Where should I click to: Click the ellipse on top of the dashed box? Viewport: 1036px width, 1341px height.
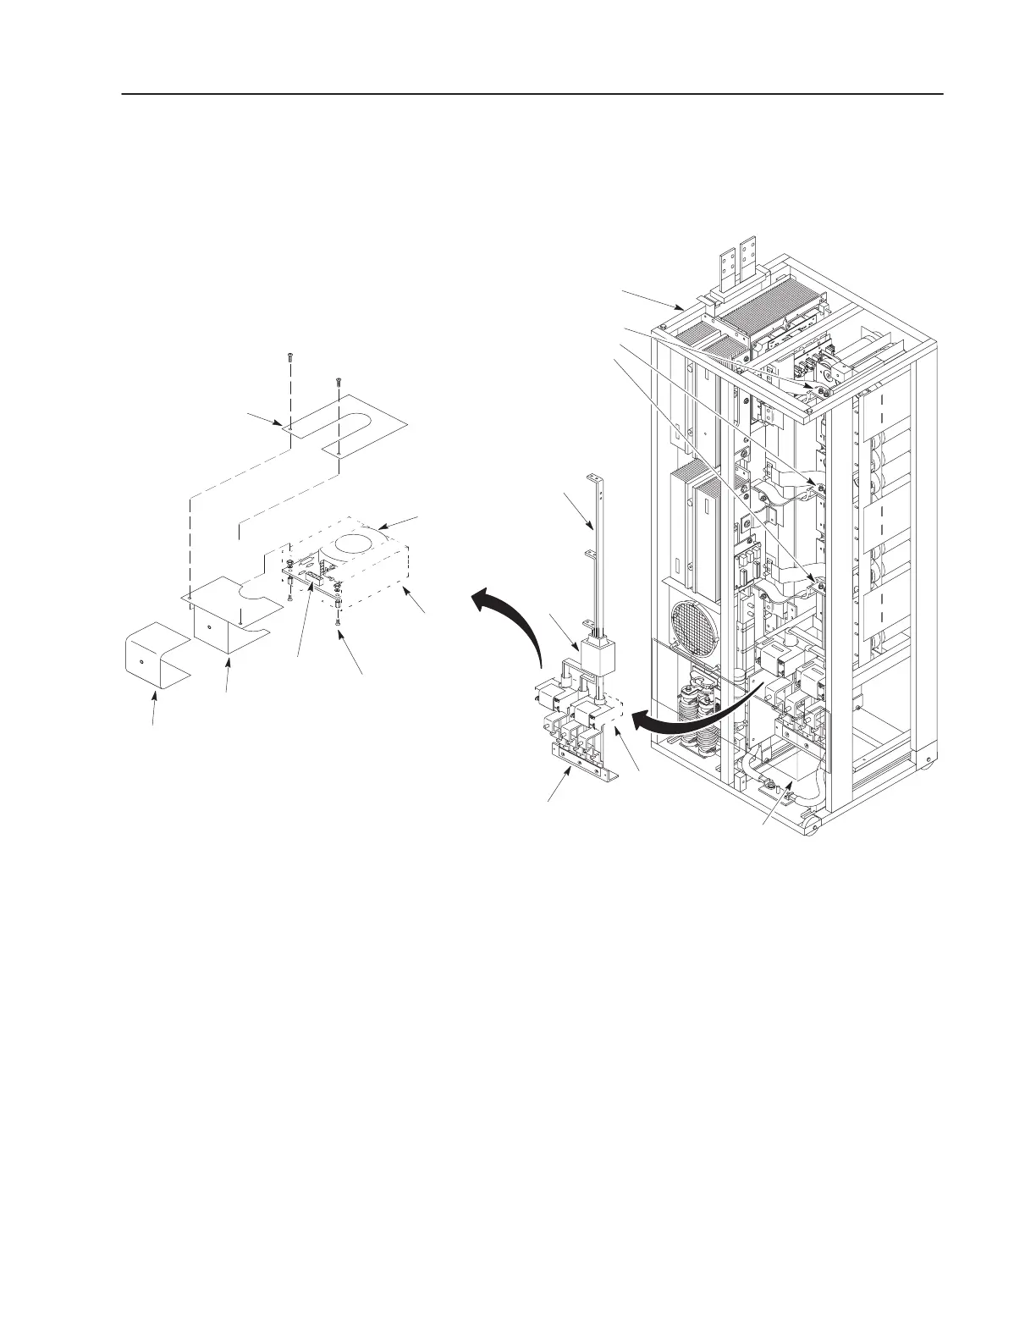[361, 544]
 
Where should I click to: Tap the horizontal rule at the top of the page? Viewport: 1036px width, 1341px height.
[532, 94]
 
